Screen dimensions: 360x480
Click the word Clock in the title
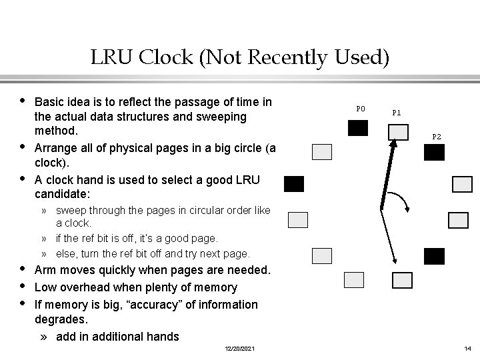point(163,59)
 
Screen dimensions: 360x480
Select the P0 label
point(361,108)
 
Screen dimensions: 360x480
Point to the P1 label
point(396,113)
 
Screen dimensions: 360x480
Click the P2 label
point(436,137)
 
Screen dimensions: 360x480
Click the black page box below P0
point(358,128)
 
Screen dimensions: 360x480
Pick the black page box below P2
point(434,153)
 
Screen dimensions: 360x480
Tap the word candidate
point(61,194)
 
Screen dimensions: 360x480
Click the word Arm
point(45,270)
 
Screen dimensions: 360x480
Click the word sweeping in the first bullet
point(203,117)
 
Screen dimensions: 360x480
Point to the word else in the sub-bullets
point(67,253)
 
